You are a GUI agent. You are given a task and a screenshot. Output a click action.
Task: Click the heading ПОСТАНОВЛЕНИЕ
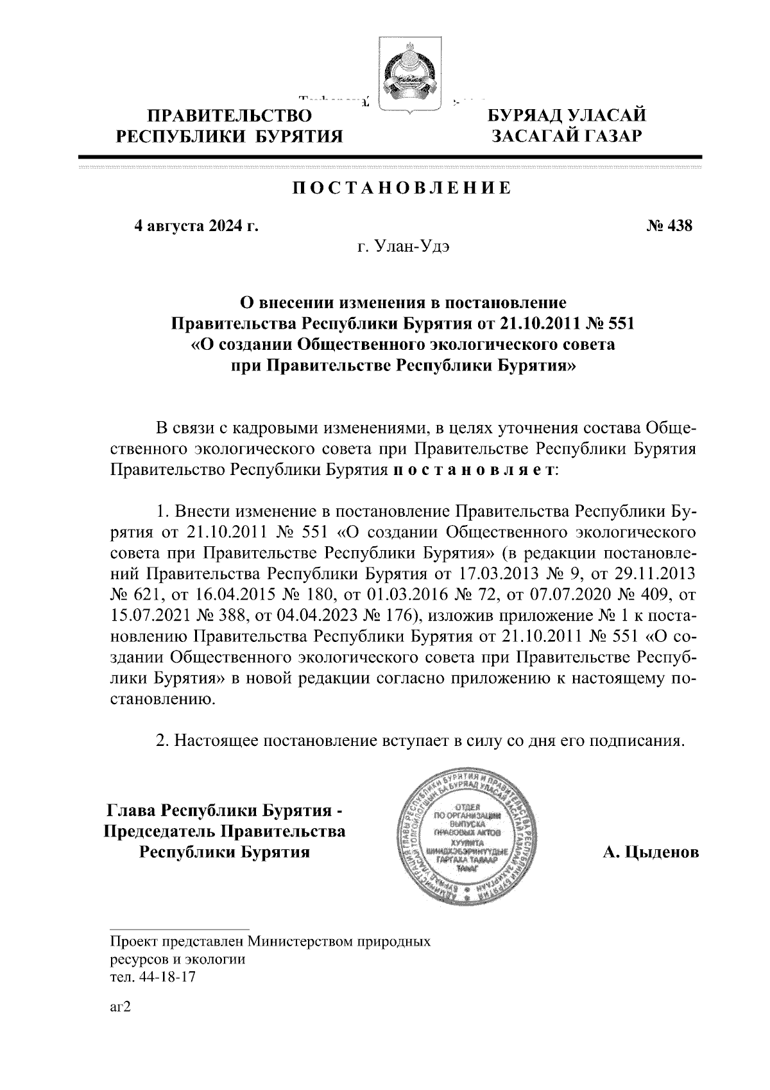402,188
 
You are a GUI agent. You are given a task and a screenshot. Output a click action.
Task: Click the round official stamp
465,838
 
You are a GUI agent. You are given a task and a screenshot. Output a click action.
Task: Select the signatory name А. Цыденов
650,852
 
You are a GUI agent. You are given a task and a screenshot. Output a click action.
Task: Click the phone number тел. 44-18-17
153,977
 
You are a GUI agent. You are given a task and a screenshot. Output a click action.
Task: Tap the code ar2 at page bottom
120,1007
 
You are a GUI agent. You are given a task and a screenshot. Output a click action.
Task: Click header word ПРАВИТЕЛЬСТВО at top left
230,116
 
